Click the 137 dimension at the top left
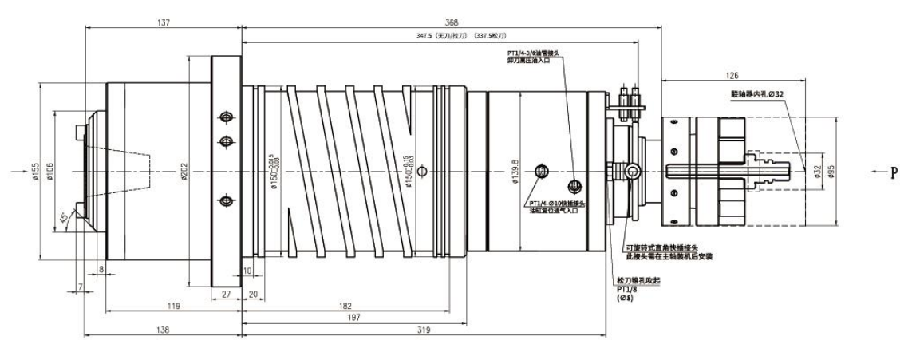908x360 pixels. [163, 22]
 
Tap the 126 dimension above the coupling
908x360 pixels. [731, 77]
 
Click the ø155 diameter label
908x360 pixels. [37, 172]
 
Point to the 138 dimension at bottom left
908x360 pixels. [162, 330]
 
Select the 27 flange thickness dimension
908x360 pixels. [225, 294]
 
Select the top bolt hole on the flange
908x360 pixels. [226, 117]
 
